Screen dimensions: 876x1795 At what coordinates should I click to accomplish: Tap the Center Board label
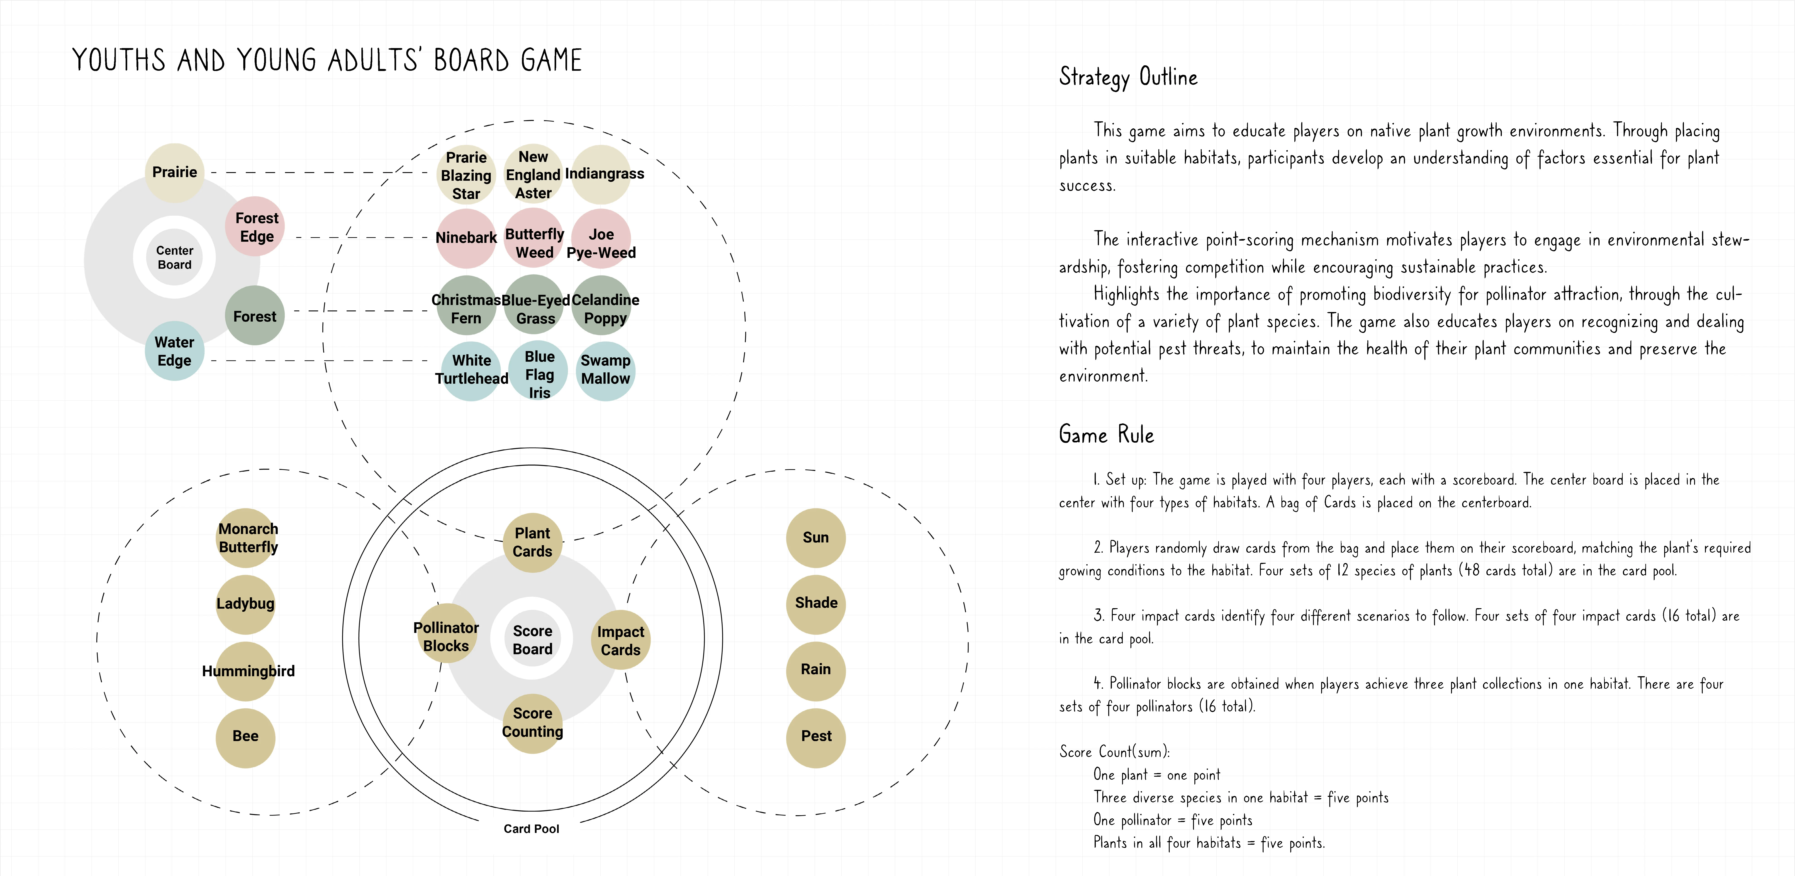tap(174, 257)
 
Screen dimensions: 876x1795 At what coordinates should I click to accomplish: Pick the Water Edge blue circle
tap(174, 351)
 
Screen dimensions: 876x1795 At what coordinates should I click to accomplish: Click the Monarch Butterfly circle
tap(247, 537)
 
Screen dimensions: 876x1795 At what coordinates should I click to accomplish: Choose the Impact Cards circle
tap(620, 640)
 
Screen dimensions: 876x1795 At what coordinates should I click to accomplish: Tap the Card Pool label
tap(531, 829)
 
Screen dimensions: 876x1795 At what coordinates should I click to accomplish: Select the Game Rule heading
tap(1106, 435)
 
